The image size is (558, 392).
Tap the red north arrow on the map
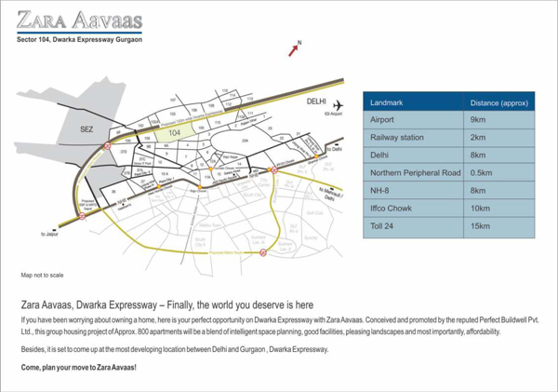click(x=294, y=49)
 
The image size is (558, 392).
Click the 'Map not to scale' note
click(x=42, y=276)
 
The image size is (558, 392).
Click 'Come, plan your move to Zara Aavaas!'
click(x=78, y=369)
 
